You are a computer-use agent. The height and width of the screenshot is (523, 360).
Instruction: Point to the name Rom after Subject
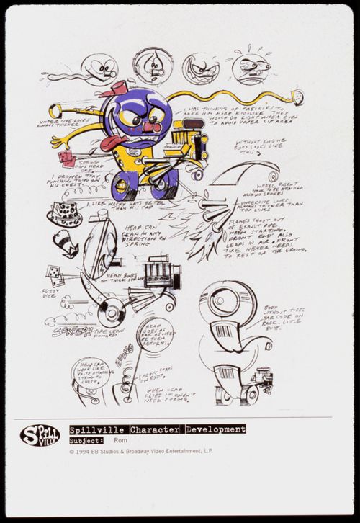tap(121, 440)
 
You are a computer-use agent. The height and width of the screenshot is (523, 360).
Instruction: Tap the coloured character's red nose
tap(148, 128)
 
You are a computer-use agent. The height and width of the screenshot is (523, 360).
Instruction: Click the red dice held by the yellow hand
tap(66, 157)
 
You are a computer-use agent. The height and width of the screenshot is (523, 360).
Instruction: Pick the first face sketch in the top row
tap(99, 68)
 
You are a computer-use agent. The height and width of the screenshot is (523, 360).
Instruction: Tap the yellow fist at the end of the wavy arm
tap(294, 95)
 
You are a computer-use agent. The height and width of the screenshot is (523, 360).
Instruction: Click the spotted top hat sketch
tap(64, 213)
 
